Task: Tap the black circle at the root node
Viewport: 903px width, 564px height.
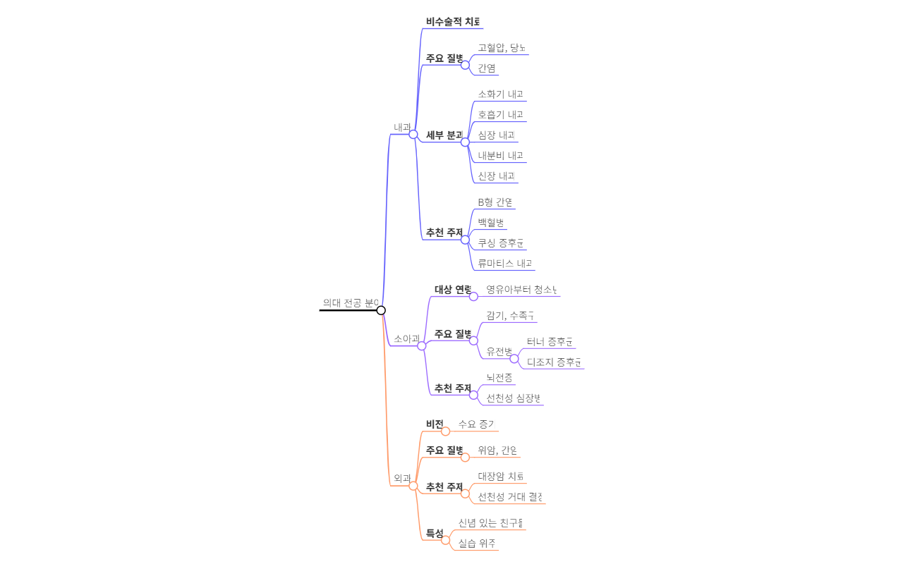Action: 381,310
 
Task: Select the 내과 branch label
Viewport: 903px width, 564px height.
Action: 401,128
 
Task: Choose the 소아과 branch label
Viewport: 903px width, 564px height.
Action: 406,339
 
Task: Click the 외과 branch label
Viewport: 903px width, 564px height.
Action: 401,479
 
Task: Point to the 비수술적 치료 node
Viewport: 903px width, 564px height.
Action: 453,22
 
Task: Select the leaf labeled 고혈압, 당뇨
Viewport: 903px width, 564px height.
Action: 502,48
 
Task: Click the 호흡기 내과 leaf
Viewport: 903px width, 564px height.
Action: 500,115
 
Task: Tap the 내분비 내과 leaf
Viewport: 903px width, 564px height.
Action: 500,156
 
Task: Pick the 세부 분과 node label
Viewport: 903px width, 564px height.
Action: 444,135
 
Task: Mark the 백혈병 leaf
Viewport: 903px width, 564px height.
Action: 491,223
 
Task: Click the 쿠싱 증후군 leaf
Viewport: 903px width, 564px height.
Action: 501,243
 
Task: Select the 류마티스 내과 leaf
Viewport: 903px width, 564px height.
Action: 505,264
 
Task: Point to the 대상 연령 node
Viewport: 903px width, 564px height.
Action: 453,290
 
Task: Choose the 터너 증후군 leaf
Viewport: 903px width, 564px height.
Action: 550,342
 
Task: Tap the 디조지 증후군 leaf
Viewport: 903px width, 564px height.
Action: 554,362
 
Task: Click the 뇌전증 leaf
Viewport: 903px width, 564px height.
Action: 499,378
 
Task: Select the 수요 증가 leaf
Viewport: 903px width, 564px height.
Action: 476,424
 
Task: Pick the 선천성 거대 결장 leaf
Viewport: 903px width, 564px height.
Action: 510,497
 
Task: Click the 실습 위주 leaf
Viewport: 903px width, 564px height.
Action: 476,544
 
